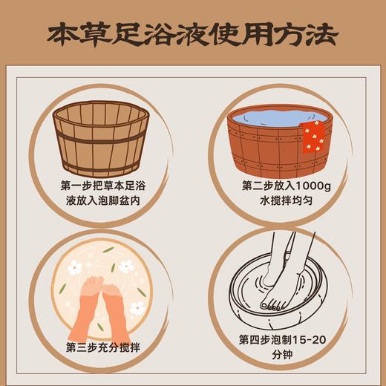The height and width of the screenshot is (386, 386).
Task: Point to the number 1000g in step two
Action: [302, 185]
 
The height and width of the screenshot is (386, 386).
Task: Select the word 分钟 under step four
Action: [286, 356]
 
